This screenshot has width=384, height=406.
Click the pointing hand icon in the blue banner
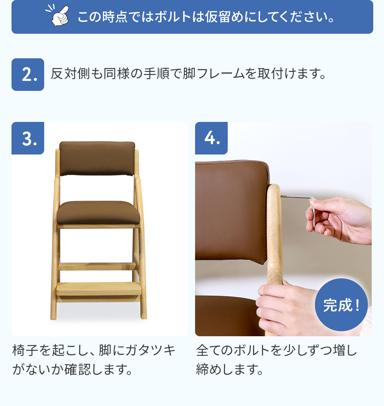click(x=58, y=16)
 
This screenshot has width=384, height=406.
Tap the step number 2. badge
click(x=28, y=75)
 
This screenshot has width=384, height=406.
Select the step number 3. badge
click(x=28, y=138)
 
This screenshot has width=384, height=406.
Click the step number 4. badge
click(x=211, y=138)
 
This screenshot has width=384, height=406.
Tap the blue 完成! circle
click(x=341, y=305)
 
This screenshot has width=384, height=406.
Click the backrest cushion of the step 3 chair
click(x=97, y=158)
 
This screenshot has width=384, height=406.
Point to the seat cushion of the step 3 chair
click(x=98, y=212)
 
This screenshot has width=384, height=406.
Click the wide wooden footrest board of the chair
click(x=99, y=289)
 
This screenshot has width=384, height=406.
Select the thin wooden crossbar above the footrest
click(x=97, y=266)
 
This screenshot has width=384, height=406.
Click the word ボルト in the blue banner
click(x=173, y=17)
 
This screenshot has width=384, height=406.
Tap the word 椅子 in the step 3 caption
click(x=25, y=350)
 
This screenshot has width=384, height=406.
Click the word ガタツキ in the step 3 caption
click(x=151, y=350)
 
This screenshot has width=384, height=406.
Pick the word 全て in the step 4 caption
click(x=209, y=350)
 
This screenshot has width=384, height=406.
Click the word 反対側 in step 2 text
click(x=70, y=74)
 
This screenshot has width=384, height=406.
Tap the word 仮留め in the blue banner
click(x=224, y=17)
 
